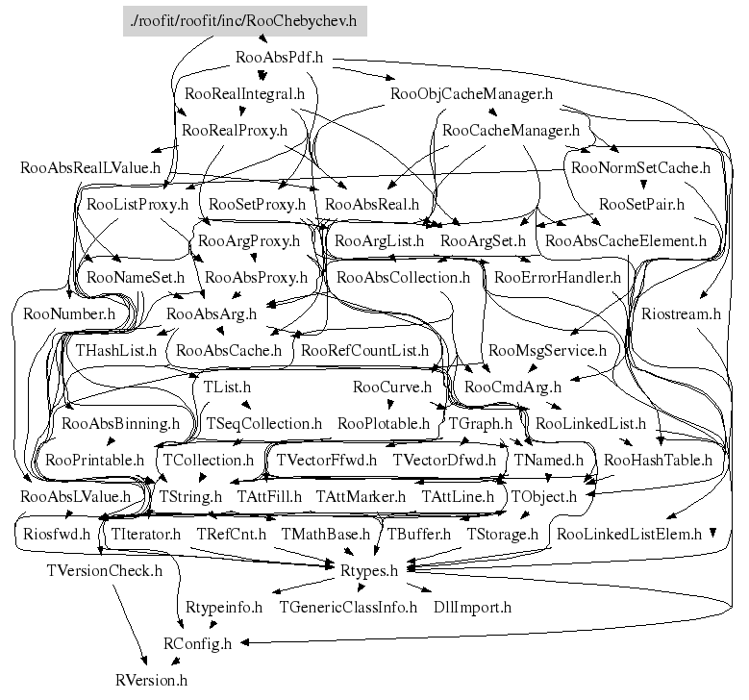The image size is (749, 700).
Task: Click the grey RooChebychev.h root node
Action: point(244,21)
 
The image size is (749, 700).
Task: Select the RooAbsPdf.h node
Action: point(277,58)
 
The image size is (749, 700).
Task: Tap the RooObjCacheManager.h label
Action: point(472,94)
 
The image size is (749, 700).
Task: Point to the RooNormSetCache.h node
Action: point(639,167)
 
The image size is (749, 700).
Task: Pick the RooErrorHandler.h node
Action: point(558,278)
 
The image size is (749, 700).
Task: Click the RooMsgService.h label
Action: point(547,351)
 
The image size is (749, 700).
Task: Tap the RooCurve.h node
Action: point(391,387)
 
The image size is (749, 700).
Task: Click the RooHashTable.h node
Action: point(658,461)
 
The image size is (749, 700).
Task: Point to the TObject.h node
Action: point(544,497)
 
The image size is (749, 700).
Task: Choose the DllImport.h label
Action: point(471,607)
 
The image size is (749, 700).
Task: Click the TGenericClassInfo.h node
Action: point(347,607)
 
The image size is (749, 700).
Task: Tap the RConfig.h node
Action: point(196,643)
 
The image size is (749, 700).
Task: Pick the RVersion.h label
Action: point(151,680)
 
